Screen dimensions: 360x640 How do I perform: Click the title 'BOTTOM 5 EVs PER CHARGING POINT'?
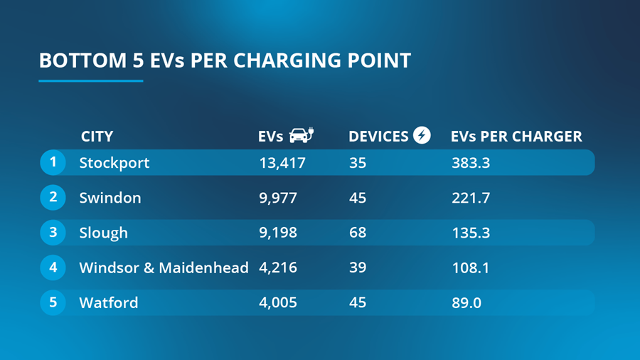[225, 60]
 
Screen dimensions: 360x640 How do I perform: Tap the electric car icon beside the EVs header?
[301, 135]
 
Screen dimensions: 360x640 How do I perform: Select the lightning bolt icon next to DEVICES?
[422, 135]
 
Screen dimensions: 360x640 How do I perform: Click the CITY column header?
[97, 137]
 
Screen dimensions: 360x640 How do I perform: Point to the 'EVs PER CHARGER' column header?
[516, 137]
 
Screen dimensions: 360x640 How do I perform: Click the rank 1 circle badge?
[53, 162]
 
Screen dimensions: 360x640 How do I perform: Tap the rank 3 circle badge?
[53, 232]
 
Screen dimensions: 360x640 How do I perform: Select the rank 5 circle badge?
[53, 302]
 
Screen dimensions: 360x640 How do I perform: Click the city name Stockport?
[114, 163]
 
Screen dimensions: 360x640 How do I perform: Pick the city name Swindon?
[110, 198]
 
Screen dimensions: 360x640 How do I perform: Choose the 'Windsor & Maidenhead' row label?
[164, 268]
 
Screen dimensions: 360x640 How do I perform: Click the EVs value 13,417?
[282, 163]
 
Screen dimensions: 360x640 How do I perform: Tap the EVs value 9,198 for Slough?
[278, 233]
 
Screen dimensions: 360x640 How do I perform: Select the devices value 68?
[358, 233]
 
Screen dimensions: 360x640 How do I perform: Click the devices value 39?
[358, 268]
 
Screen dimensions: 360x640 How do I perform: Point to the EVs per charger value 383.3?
[471, 163]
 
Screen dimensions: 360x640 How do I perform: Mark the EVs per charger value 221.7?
[471, 198]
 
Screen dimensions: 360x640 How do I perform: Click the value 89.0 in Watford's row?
[466, 303]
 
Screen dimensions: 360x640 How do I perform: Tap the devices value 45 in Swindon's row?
[358, 198]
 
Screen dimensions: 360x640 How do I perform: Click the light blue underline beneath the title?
[91, 80]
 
